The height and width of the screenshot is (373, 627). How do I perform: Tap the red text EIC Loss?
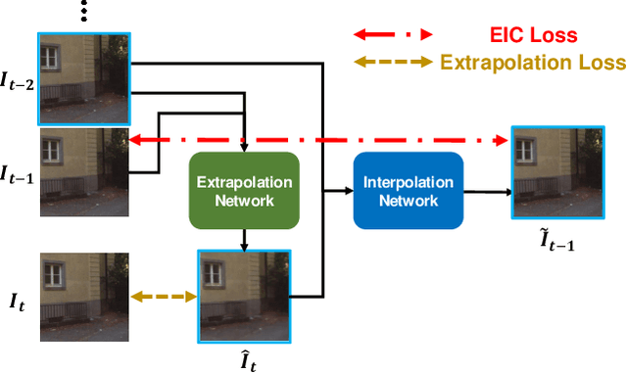(533, 36)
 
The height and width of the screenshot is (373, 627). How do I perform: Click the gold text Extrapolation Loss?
(533, 64)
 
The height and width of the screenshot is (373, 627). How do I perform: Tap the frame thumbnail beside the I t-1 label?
(84, 171)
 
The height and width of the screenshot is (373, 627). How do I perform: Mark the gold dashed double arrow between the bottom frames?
(164, 296)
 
